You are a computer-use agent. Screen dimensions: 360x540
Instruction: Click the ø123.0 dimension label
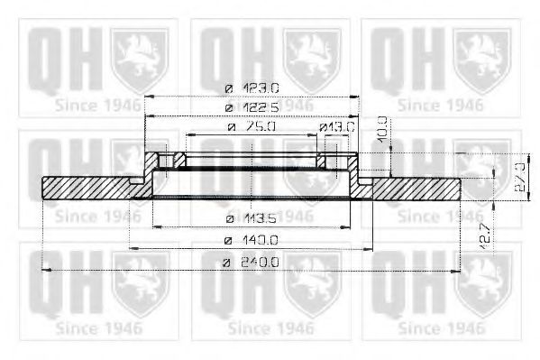tap(252, 88)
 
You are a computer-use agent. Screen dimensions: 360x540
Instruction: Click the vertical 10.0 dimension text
tap(382, 129)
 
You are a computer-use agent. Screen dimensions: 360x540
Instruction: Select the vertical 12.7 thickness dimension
tap(484, 235)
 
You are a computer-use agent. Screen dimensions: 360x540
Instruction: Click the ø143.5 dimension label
tap(252, 219)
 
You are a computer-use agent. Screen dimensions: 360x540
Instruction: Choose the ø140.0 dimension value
tap(252, 241)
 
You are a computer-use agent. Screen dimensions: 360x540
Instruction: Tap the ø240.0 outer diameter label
tap(252, 262)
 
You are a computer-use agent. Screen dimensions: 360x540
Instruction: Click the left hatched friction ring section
tap(86, 188)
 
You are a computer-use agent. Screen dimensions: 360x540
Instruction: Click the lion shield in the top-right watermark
tap(482, 58)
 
